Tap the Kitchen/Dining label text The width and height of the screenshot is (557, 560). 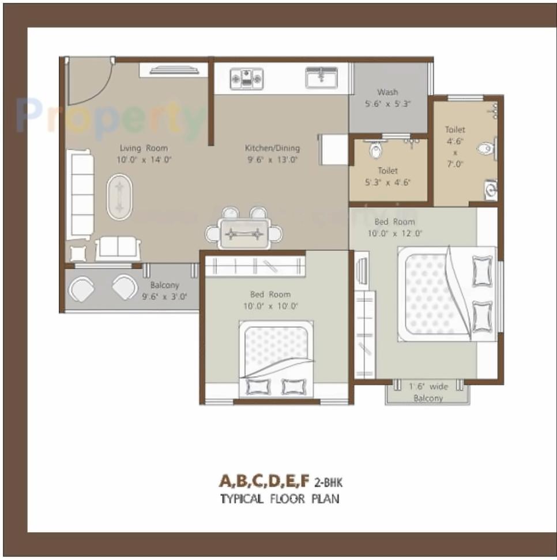(273, 148)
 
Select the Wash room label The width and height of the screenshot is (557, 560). (387, 92)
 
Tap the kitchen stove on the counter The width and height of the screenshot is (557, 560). (246, 78)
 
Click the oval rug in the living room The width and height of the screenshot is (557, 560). (120, 196)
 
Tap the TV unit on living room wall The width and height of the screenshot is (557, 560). (172, 70)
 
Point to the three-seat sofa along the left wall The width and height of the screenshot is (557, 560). (80, 194)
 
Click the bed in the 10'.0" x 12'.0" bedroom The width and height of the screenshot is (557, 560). (446, 294)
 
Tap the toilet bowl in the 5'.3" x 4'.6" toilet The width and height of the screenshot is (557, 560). (376, 150)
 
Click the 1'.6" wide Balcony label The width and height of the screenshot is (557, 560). (427, 392)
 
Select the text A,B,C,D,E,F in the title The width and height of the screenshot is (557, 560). (264, 480)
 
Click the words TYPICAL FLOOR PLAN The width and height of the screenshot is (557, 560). (280, 498)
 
